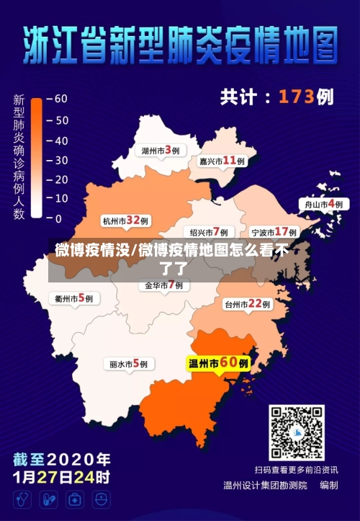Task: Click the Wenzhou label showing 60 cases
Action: (219, 363)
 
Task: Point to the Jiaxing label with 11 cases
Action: (222, 161)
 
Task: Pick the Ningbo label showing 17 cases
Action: (274, 232)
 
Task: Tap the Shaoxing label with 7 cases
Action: (208, 232)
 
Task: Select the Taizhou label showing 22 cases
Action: (247, 304)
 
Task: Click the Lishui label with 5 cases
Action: (129, 364)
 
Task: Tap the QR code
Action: (296, 432)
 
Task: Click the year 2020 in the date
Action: (78, 459)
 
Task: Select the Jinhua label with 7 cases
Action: (163, 285)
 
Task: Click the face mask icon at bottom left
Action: (101, 499)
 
